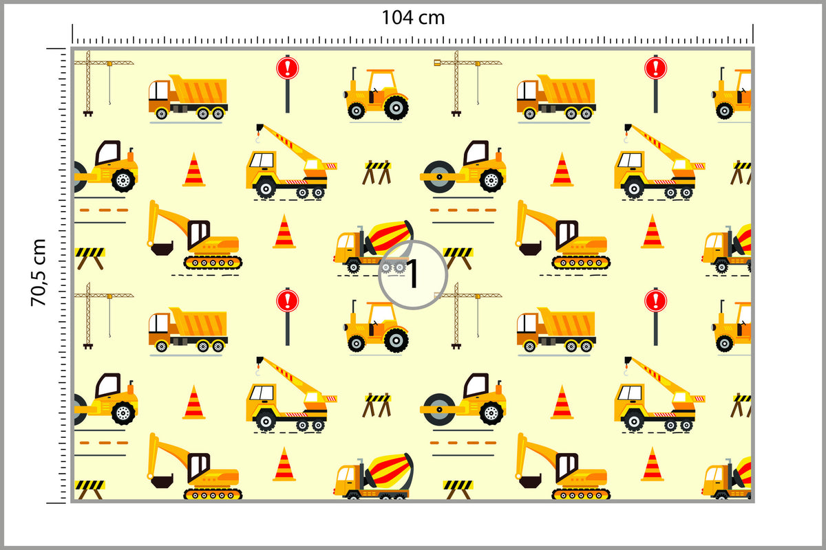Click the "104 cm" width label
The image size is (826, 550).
[413, 18]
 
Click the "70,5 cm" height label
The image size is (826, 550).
[39, 273]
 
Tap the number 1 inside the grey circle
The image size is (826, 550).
[412, 274]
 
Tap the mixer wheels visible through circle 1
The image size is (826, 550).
[393, 267]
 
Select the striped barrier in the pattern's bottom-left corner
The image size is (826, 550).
[89, 489]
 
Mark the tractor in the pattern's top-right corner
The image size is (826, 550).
[732, 93]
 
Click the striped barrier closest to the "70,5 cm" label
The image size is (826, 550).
[89, 258]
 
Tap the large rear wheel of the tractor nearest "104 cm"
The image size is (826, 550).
[396, 107]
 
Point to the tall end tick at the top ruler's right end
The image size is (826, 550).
[753, 34]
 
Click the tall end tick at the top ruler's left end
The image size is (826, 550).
[72, 34]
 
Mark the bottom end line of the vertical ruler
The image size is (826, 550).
[56, 503]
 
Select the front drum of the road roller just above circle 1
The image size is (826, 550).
[439, 177]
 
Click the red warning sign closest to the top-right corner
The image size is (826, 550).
[655, 69]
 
